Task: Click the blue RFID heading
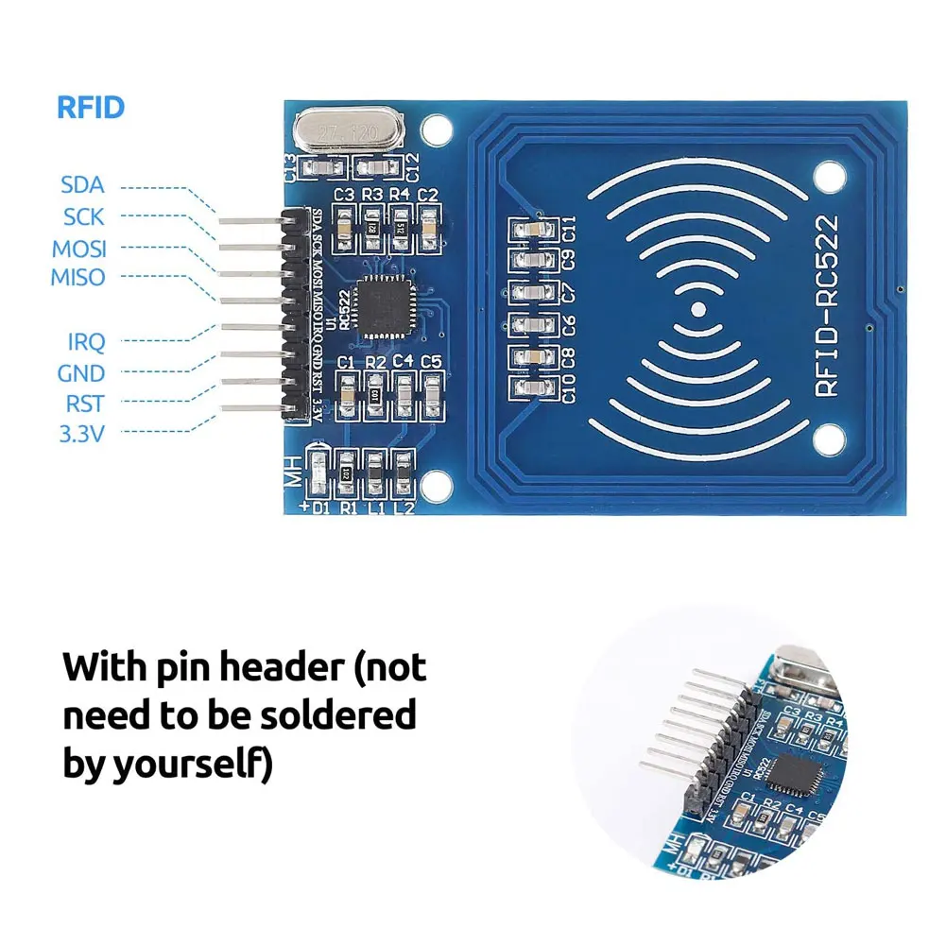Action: click(x=91, y=107)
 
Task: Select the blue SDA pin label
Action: click(x=82, y=184)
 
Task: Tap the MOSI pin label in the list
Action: click(x=79, y=249)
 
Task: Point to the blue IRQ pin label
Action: click(x=86, y=341)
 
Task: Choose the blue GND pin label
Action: click(x=81, y=373)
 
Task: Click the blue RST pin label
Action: click(x=84, y=404)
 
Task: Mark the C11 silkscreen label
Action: click(x=568, y=229)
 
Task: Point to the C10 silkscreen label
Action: click(x=568, y=388)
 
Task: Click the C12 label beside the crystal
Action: click(x=412, y=166)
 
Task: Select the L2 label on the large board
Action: click(x=404, y=507)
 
